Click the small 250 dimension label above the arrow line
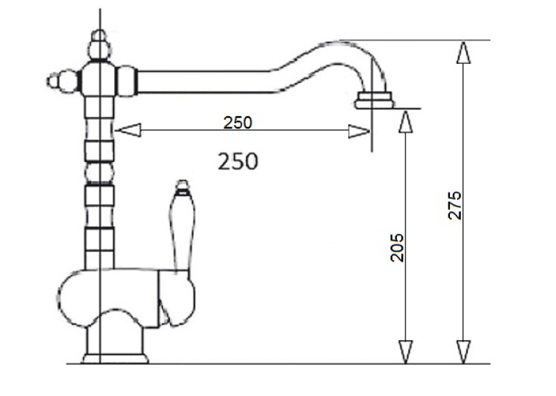[238, 123]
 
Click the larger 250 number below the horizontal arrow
[238, 161]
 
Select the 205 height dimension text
[397, 248]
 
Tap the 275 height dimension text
[454, 206]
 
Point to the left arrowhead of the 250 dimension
[128, 130]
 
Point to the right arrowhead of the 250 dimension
[359, 132]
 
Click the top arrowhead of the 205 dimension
[406, 121]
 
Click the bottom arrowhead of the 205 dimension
[406, 352]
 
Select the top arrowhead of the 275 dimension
[464, 52]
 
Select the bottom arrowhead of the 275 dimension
[464, 352]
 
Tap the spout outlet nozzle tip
[374, 100]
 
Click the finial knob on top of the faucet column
[100, 45]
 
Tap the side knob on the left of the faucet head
[62, 81]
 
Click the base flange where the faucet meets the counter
[116, 358]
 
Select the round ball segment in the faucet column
[100, 173]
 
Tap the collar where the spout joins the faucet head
[127, 81]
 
